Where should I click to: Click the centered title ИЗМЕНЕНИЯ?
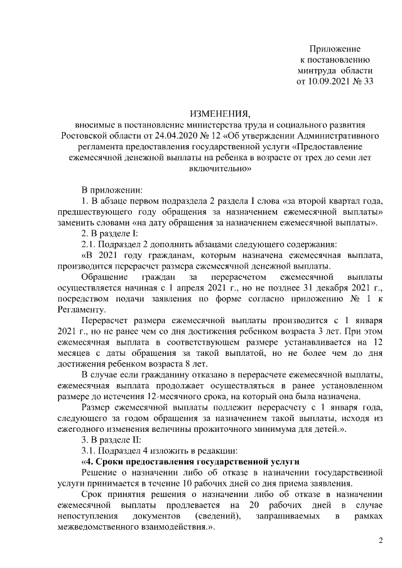220,114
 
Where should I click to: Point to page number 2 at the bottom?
380,541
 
